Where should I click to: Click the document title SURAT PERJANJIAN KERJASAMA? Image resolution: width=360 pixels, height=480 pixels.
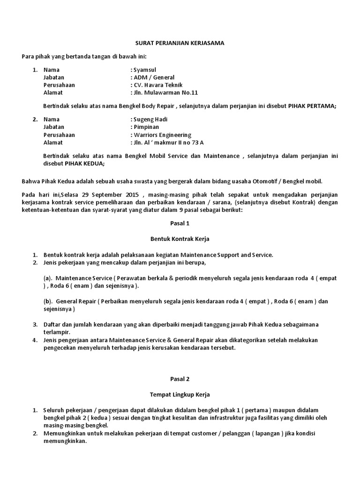tap(180, 43)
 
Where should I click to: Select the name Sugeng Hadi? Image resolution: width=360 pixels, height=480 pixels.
tap(150, 120)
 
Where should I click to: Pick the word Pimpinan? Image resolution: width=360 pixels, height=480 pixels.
tap(146, 127)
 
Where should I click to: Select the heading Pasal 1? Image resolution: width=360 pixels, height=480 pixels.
tap(180, 224)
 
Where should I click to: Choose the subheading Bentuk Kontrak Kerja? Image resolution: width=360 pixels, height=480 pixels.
tap(180, 239)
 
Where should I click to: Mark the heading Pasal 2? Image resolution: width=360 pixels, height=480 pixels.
tap(180, 379)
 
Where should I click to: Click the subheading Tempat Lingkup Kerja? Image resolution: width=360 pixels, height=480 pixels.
tap(180, 395)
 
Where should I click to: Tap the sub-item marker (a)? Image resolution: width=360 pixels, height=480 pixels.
tap(47, 278)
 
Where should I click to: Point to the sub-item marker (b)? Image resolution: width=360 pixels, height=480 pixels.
tap(47, 301)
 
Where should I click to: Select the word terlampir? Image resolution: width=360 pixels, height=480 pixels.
tap(55, 332)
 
